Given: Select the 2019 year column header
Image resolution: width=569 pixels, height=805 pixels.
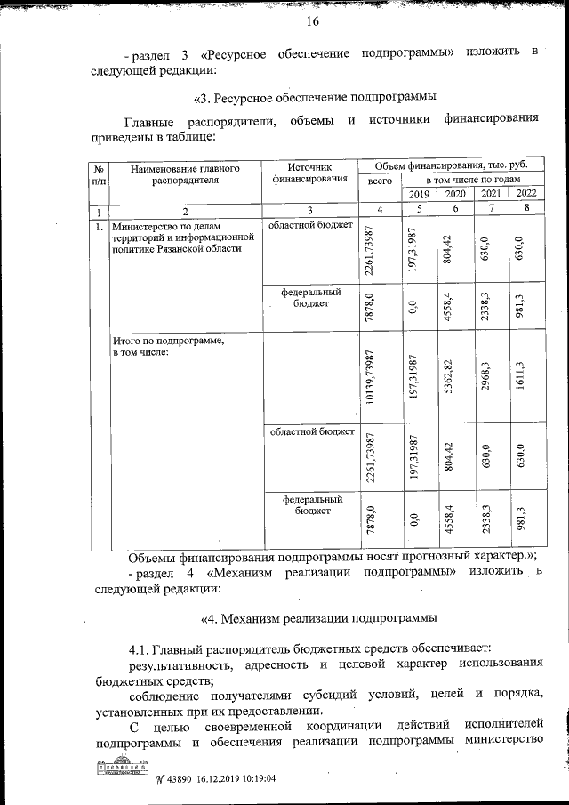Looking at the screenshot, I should click(419, 194).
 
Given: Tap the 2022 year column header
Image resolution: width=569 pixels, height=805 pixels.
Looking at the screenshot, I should click(526, 194).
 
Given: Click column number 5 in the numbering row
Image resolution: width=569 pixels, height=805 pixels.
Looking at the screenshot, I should click(419, 209).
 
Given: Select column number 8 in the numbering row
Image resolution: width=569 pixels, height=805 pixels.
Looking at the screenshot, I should click(526, 209).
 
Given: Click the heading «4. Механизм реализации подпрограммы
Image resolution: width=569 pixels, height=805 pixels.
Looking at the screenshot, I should click(319, 617).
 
